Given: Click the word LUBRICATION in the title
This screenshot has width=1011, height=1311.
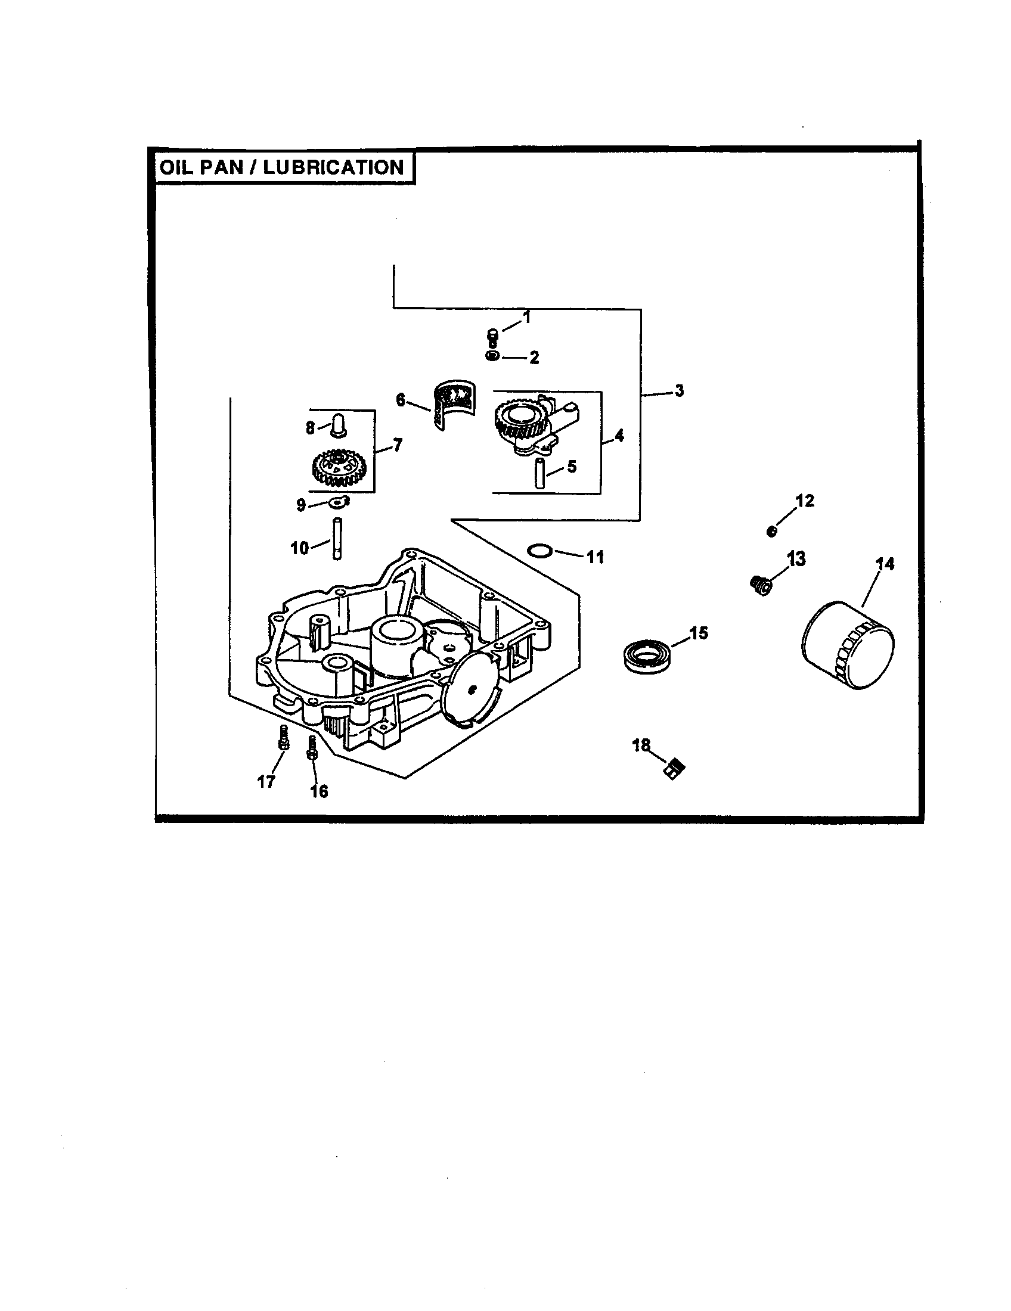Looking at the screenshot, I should tap(333, 167).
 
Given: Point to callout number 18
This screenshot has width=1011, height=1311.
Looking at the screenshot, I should tap(641, 745).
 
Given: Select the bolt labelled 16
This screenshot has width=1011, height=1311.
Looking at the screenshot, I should tap(312, 747).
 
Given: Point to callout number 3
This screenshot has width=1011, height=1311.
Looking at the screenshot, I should tap(678, 391).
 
